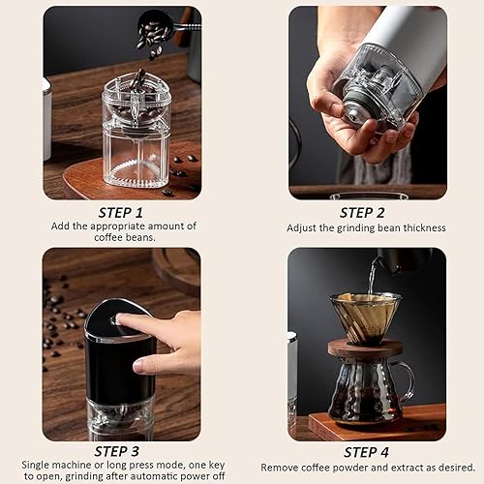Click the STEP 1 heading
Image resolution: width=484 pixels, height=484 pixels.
(x=121, y=211)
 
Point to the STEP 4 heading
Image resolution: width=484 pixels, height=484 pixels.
(x=367, y=450)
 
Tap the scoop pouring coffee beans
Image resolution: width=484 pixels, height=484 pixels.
(x=156, y=28)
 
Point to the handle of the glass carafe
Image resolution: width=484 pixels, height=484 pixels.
(x=407, y=378)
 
